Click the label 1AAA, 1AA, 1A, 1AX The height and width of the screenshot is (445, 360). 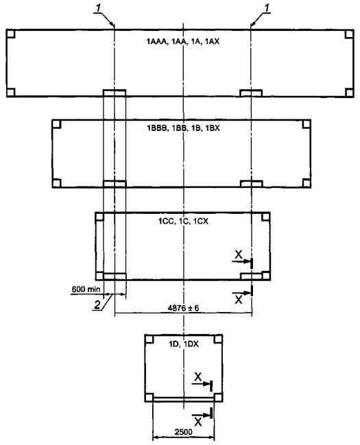point(183,41)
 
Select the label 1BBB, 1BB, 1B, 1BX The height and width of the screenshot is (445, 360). point(183,128)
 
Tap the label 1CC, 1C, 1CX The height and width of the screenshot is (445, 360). point(183,221)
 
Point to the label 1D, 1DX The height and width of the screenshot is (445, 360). point(184,344)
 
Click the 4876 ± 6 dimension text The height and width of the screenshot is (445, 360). point(183,308)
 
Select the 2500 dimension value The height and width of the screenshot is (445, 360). point(183,432)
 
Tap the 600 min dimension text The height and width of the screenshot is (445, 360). point(86,289)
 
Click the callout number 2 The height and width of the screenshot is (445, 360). point(97,305)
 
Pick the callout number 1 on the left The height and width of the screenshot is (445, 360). point(98,8)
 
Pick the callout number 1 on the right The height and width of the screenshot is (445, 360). point(267,8)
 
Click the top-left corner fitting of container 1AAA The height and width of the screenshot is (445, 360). point(10,34)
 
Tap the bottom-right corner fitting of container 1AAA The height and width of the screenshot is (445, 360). point(350,93)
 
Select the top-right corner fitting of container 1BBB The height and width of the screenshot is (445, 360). point(307,124)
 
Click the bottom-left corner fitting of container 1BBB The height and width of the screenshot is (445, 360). point(57,183)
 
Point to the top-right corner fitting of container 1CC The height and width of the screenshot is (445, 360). point(266,217)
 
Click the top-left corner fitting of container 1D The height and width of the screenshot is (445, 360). point(149,339)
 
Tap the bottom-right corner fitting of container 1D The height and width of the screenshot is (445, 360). point(218,397)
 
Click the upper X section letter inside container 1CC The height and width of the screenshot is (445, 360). point(239,255)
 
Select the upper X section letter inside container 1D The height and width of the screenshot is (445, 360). point(198,377)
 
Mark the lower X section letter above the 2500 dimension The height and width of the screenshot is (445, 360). point(198,422)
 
